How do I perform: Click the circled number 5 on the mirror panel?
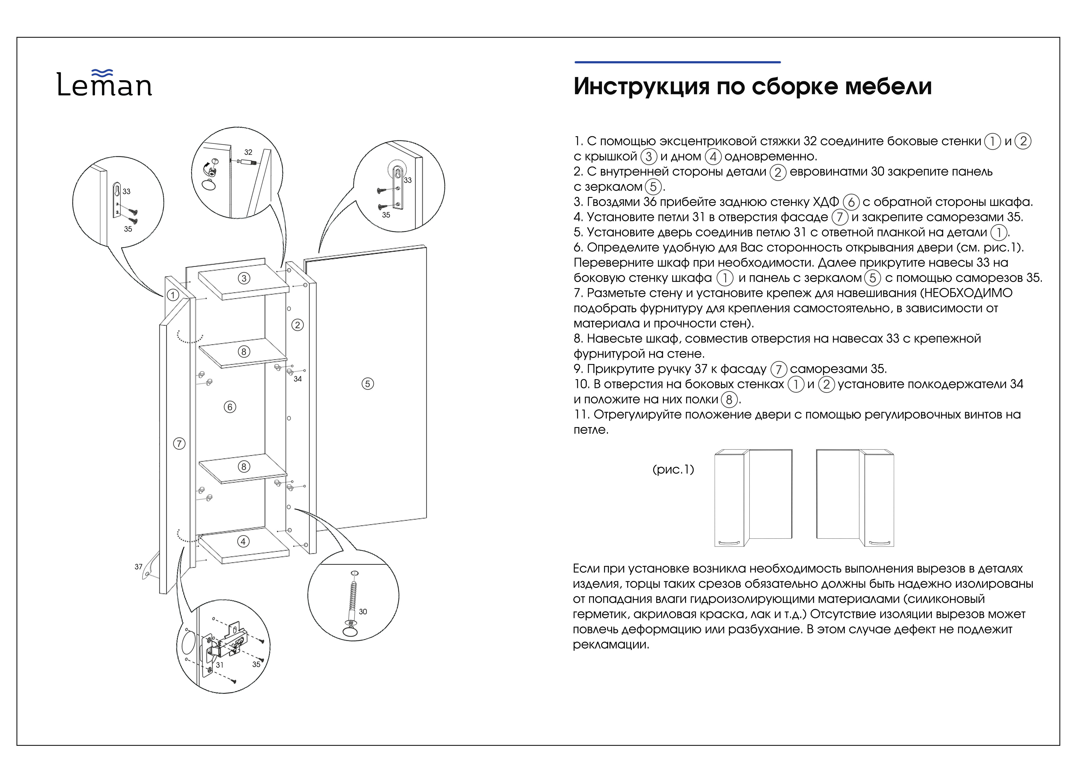368,384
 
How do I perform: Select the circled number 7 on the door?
179,443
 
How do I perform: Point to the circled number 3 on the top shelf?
244,278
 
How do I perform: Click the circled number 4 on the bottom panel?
243,541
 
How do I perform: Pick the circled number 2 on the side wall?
298,325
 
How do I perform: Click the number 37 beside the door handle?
139,567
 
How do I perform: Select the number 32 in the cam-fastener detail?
248,152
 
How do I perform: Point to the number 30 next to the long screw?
363,612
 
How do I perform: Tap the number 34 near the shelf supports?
298,379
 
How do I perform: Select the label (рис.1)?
673,469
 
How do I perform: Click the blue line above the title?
678,62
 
